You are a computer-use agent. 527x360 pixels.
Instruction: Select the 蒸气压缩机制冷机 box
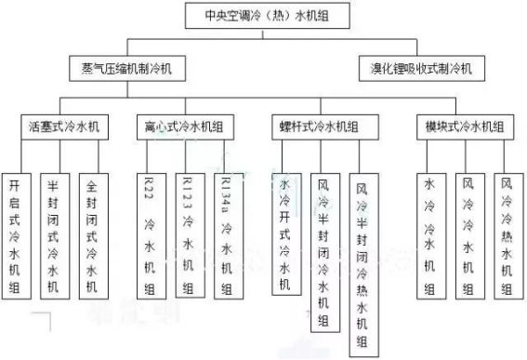(x=126, y=68)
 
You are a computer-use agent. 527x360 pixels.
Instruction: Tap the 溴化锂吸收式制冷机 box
(x=415, y=68)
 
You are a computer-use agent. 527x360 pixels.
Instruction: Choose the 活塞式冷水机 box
(x=65, y=124)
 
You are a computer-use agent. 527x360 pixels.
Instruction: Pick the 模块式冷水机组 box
(x=466, y=124)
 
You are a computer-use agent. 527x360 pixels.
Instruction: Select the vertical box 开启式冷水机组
(x=16, y=235)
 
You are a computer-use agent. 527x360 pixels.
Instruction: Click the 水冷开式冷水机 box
(x=284, y=234)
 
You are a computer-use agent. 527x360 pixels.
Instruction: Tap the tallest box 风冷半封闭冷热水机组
(x=361, y=263)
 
